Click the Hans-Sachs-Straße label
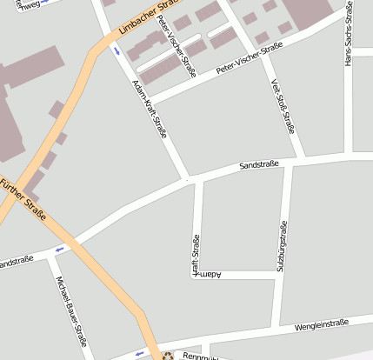(x=348, y=39)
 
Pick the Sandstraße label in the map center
(x=259, y=163)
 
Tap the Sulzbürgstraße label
(x=281, y=246)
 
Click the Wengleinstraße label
(x=322, y=324)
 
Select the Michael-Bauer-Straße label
(x=71, y=310)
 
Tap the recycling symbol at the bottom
(x=168, y=355)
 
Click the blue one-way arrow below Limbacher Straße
(x=117, y=50)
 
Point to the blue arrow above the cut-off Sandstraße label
(x=59, y=250)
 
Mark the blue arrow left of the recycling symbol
(x=139, y=353)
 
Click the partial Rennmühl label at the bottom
(x=192, y=355)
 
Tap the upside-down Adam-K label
(x=209, y=275)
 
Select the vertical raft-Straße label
(x=196, y=254)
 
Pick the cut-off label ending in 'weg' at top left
(x=27, y=4)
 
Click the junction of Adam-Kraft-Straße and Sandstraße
(x=189, y=180)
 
